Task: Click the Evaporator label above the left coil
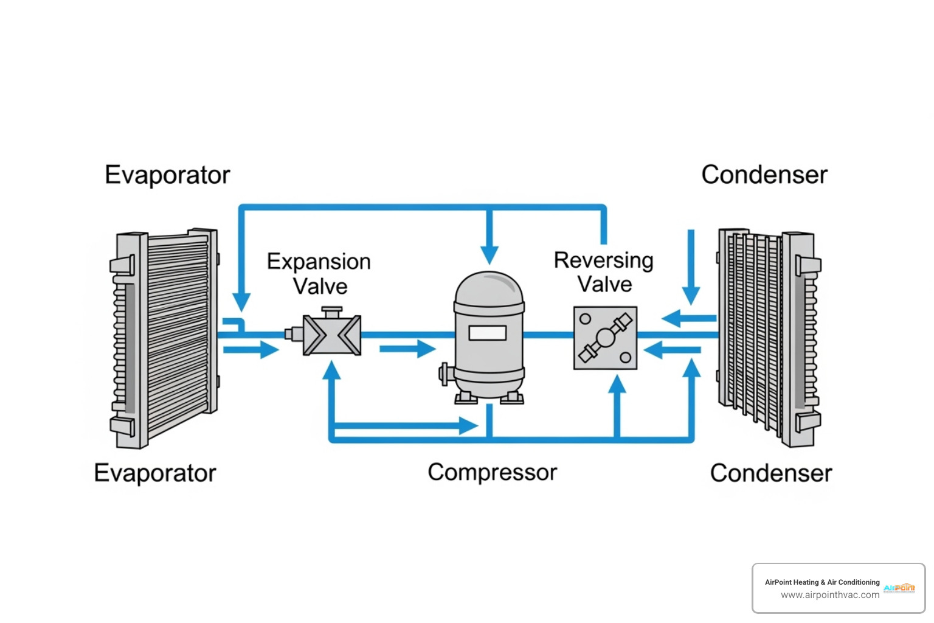click(167, 175)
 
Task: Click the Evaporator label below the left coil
click(155, 473)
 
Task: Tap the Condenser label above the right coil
click(764, 175)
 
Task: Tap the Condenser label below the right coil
click(771, 473)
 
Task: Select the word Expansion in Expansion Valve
click(319, 262)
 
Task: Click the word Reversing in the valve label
click(603, 260)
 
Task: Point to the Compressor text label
click(492, 473)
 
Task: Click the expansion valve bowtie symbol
click(332, 335)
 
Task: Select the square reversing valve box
click(605, 338)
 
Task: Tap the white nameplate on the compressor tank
click(487, 333)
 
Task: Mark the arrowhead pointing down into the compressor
click(489, 254)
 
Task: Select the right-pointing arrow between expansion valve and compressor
click(408, 349)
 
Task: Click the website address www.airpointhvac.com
click(829, 595)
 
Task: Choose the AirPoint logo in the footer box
click(899, 588)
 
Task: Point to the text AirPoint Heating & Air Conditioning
click(822, 582)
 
